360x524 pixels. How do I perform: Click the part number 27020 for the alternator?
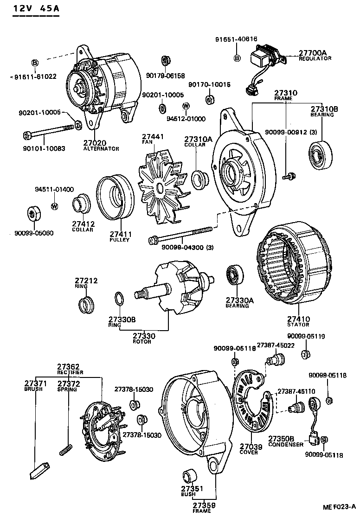[95, 143]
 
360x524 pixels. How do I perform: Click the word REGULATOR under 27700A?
[315, 59]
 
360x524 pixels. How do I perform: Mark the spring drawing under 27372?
[67, 448]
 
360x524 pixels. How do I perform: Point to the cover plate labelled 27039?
[251, 403]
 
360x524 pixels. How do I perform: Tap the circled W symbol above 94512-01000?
[186, 106]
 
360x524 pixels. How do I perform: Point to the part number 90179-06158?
[165, 76]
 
